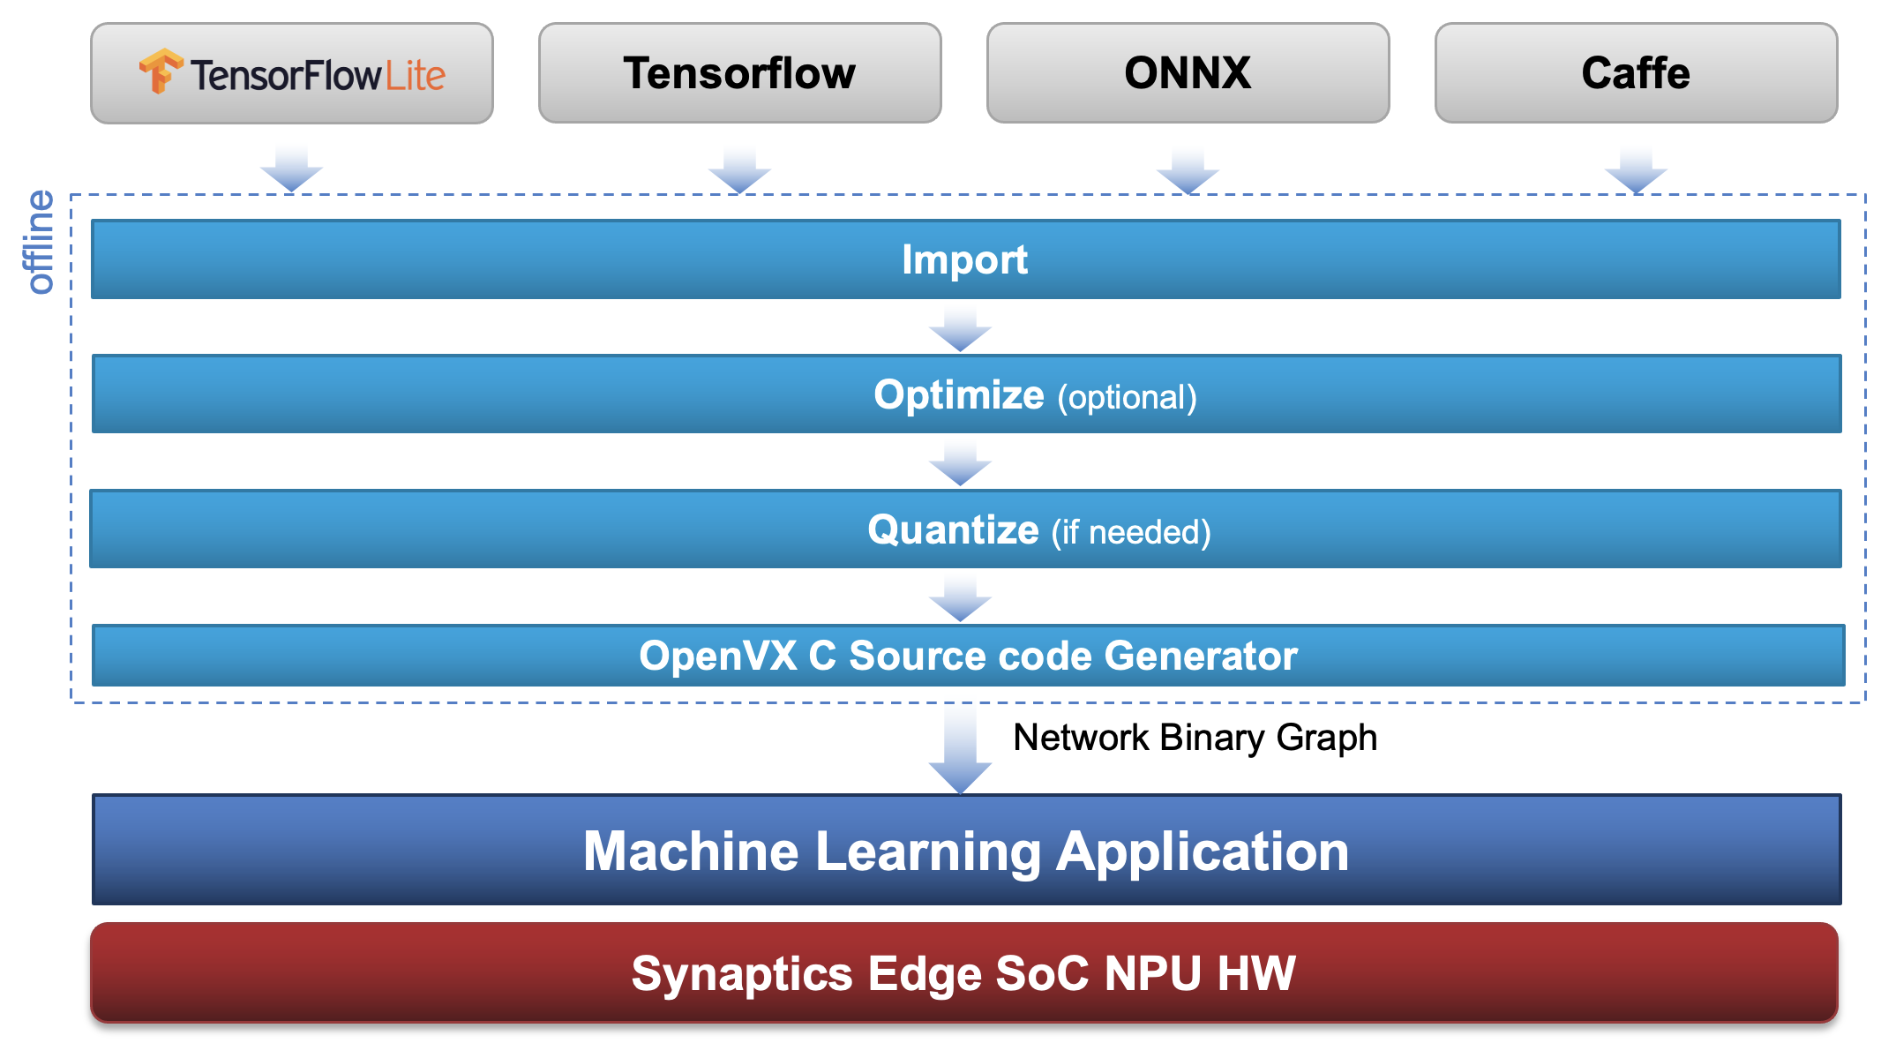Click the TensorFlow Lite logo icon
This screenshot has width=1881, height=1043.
point(161,71)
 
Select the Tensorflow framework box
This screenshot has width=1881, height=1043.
point(739,73)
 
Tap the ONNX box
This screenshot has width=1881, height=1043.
point(1188,73)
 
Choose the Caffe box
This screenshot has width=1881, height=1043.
point(1636,73)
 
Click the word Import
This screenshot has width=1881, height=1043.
point(964,259)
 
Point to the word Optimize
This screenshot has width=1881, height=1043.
point(958,394)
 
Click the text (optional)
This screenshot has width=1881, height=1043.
point(1127,397)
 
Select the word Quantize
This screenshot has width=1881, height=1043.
point(953,529)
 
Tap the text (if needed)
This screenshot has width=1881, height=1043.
point(1130,532)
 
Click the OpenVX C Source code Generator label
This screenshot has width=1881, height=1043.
point(968,656)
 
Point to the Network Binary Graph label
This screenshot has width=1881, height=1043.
point(1195,738)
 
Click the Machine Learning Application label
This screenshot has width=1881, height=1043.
point(966,851)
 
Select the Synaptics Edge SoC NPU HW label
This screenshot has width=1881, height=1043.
point(963,973)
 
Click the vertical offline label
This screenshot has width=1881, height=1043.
point(40,242)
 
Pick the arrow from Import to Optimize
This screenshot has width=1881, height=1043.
point(960,330)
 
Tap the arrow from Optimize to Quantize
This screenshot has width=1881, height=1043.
point(960,465)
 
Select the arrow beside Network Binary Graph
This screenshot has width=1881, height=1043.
point(960,750)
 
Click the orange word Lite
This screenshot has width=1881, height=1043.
point(415,75)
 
